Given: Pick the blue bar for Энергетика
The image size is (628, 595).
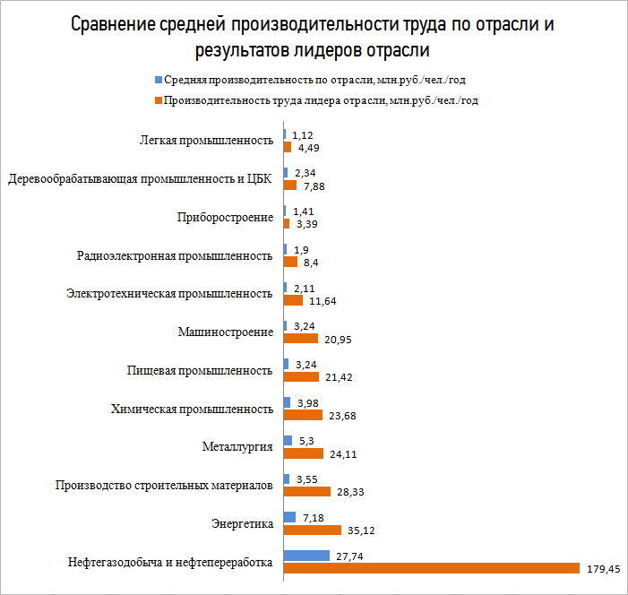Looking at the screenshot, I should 289,517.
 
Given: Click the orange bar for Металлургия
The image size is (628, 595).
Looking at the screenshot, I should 303,453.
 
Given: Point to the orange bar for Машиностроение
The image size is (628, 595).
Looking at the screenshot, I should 300,339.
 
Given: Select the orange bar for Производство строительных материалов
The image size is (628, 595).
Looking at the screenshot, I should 306,492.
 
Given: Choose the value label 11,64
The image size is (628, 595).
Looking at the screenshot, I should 325,301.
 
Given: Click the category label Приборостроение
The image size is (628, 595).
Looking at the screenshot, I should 226,217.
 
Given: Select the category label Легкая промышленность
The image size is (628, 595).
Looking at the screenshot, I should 206,141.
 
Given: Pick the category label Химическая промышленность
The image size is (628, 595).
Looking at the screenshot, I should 192,409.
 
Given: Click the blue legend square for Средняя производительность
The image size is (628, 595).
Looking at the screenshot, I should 159,81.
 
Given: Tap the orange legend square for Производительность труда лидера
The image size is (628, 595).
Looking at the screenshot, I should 157,100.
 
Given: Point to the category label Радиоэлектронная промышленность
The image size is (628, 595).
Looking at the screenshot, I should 176,255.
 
